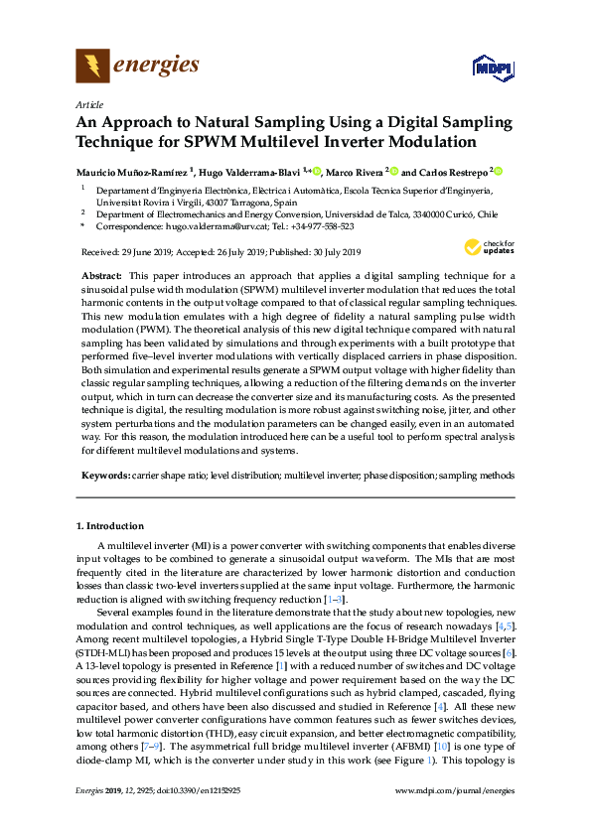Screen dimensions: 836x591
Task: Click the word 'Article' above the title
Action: click(89, 104)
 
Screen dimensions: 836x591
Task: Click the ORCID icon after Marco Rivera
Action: click(393, 170)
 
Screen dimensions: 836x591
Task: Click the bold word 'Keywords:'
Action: click(104, 477)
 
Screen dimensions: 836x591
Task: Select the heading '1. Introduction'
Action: click(110, 525)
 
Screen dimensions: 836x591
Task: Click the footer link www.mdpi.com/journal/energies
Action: click(455, 816)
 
